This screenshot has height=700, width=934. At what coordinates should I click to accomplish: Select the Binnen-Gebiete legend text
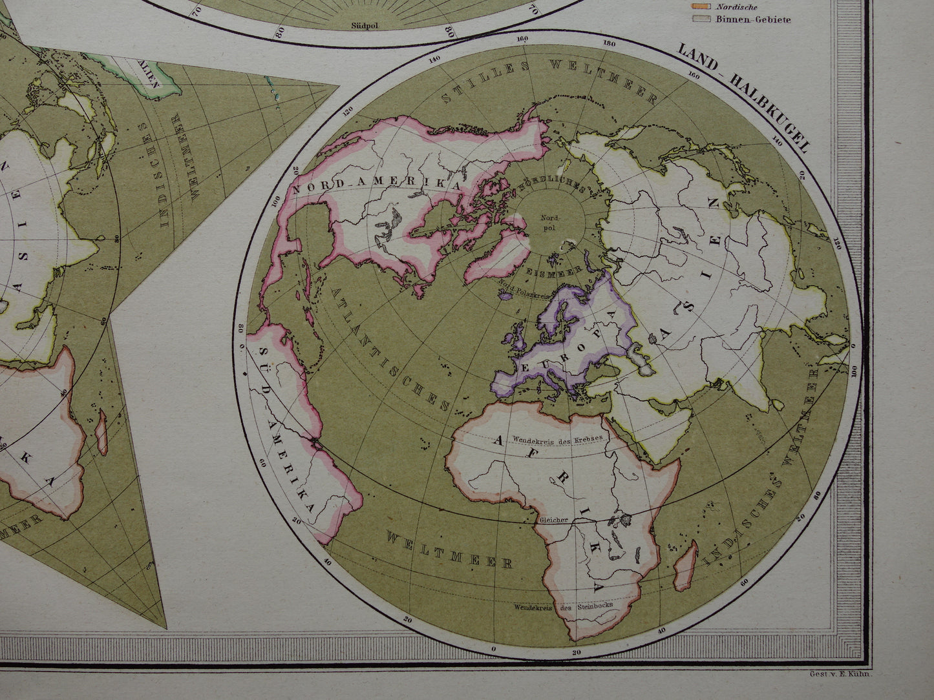point(752,19)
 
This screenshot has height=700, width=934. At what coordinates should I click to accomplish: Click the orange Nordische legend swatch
point(701,6)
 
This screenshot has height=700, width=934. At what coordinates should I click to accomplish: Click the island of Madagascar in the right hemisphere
point(686,566)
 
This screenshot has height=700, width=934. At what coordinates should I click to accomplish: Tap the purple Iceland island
point(505,294)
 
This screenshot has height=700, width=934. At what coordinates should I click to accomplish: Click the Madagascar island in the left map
point(101,433)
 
